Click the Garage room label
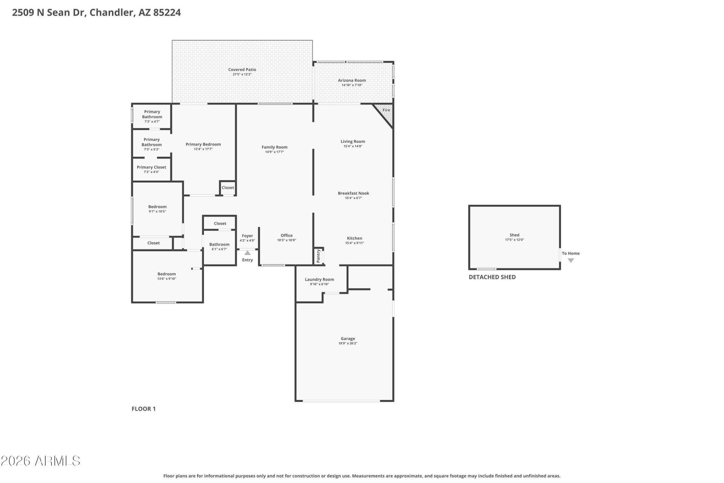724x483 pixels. coord(348,338)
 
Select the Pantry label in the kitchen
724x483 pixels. coord(318,256)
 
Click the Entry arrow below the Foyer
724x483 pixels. coord(247,253)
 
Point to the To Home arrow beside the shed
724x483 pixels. coord(571,260)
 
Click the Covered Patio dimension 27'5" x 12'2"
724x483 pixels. coord(242,74)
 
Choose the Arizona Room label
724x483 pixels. coord(352,80)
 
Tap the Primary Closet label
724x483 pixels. coord(151,167)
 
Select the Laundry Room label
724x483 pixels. coord(319,280)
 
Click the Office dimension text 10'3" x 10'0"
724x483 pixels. coord(287,240)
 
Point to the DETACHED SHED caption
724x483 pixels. coord(492,277)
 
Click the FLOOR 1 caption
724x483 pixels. coord(143,409)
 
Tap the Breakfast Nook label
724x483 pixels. coord(353,193)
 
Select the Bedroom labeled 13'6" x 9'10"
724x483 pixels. coord(167,274)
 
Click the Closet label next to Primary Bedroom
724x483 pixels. coord(228,188)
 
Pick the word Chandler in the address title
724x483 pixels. coord(111,12)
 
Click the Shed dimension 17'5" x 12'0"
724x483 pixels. coord(514,240)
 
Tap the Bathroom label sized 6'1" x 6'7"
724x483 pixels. coord(219,244)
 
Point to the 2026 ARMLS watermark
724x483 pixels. coord(40,461)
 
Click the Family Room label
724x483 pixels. coord(275,147)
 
